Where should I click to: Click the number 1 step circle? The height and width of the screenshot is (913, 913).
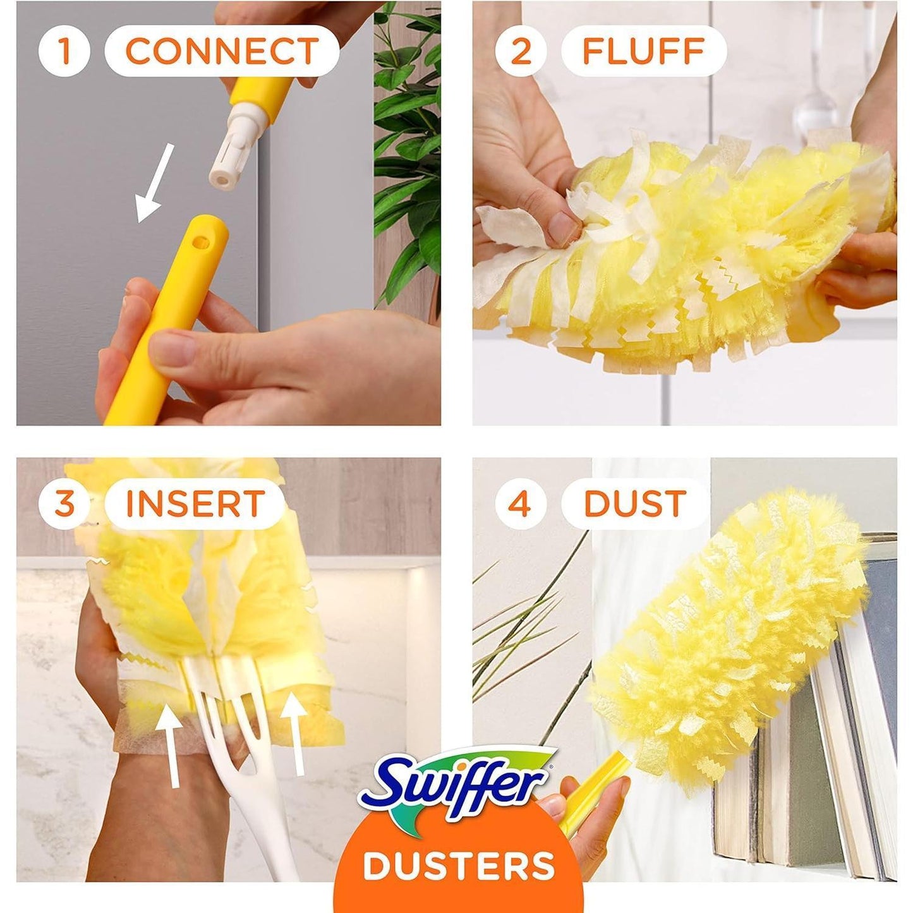click(64, 51)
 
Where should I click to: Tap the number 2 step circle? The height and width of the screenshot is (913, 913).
click(520, 51)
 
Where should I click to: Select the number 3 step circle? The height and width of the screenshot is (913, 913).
click(64, 504)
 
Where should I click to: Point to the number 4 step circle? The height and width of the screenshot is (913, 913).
click(520, 504)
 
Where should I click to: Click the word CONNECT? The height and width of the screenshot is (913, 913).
click(222, 51)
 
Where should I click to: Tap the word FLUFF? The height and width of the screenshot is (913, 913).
click(643, 51)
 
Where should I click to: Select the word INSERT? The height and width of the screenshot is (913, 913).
click(195, 504)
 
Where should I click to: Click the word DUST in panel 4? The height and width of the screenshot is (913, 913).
click(634, 504)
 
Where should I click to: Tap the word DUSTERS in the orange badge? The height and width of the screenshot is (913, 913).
click(459, 866)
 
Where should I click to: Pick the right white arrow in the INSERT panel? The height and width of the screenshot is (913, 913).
click(294, 733)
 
